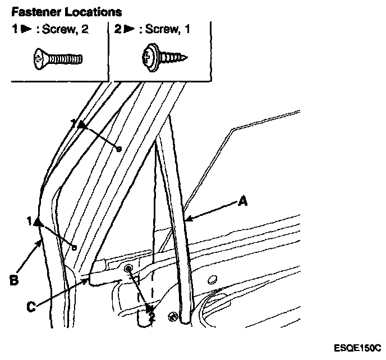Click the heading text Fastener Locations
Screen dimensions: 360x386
click(67, 11)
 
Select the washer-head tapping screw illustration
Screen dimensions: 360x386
click(163, 57)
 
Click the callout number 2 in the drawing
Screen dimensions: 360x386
click(151, 317)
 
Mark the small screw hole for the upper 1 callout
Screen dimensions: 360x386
click(118, 149)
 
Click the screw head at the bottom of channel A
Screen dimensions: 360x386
click(173, 317)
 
